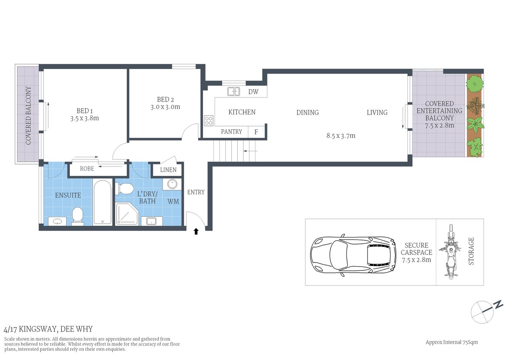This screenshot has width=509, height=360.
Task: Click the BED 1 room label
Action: click(x=84, y=111)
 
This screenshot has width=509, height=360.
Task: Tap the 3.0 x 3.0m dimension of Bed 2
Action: click(x=165, y=107)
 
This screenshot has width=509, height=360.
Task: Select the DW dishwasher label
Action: click(x=253, y=92)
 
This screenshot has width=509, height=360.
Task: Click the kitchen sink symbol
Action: click(x=234, y=91)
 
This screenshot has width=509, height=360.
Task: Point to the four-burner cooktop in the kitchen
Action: click(x=209, y=120)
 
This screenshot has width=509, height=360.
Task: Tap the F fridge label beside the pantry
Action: click(x=256, y=132)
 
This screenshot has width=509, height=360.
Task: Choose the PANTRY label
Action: click(x=231, y=132)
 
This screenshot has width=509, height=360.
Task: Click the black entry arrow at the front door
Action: click(x=196, y=231)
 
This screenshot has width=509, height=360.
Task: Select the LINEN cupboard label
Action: click(x=168, y=170)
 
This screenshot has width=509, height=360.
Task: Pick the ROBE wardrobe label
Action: click(x=87, y=169)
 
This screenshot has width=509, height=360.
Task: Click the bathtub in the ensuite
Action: click(x=102, y=202)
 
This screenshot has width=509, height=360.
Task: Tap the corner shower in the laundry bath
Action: click(x=127, y=214)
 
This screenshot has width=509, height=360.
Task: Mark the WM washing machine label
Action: click(x=173, y=202)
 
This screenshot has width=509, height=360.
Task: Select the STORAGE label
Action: click(x=471, y=251)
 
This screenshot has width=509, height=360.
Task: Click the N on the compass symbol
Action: click(x=498, y=304)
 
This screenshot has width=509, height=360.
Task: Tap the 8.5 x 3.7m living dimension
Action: click(x=341, y=136)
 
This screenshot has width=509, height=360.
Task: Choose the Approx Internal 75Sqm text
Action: click(x=452, y=342)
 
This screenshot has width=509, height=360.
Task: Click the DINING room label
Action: click(x=308, y=112)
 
